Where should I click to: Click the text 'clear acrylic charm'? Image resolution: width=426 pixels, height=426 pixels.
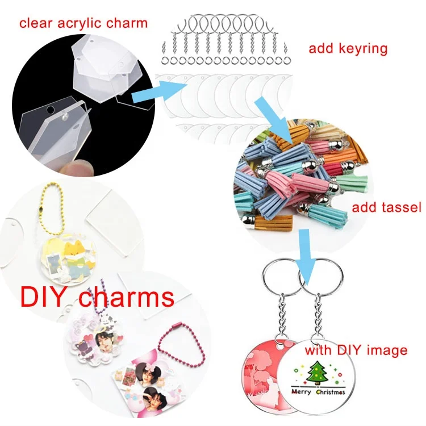[83, 23]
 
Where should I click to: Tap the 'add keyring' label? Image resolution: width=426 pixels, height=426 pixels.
[348, 48]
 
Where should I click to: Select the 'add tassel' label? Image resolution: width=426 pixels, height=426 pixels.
[386, 207]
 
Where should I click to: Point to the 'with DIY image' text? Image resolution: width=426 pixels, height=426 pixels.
[356, 350]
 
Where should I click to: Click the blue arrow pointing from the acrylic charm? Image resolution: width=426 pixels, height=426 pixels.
[162, 90]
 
